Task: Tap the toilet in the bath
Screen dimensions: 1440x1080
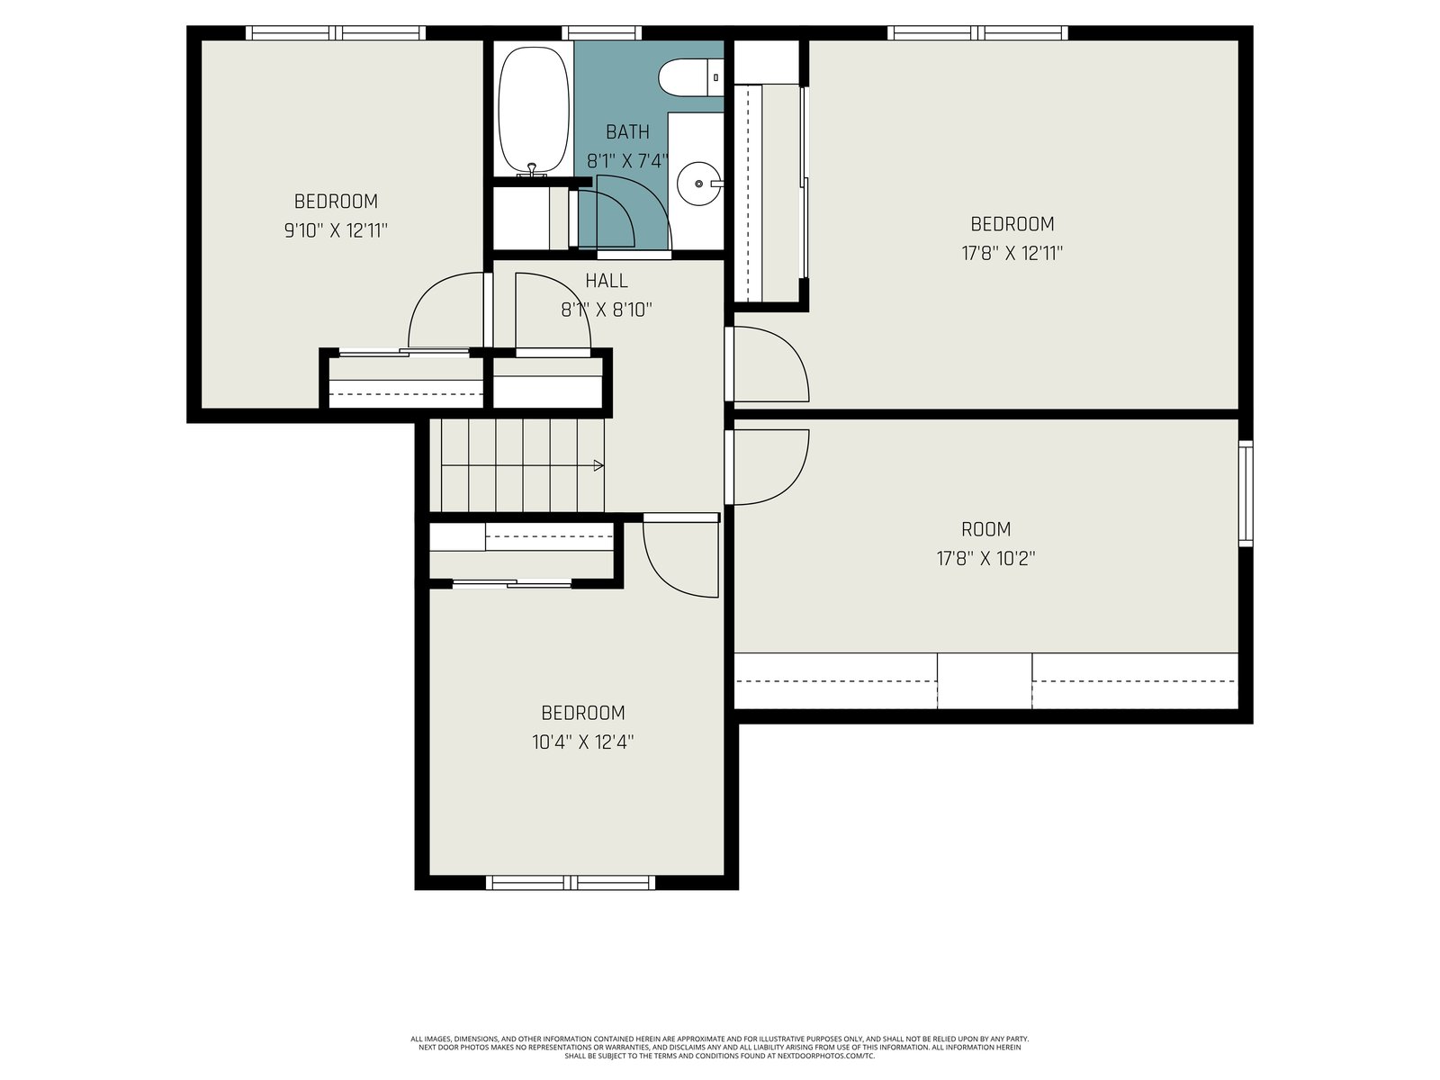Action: [x=690, y=77]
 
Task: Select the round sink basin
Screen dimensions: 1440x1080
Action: [x=699, y=184]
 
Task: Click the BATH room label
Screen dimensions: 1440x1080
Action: [x=627, y=132]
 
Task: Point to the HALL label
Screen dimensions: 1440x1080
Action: [x=607, y=281]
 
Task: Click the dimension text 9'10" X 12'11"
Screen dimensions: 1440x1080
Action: [x=335, y=230]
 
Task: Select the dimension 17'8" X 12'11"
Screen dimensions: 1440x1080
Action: [x=1012, y=254]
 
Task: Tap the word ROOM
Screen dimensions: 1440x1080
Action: [x=985, y=529]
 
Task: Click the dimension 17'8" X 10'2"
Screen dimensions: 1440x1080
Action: [x=985, y=559]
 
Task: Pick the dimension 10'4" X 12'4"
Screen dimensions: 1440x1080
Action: [x=582, y=742]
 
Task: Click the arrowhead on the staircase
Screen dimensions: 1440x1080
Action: [x=598, y=465]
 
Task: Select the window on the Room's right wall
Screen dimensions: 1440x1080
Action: [x=1246, y=494]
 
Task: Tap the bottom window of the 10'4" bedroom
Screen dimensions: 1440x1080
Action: [x=570, y=883]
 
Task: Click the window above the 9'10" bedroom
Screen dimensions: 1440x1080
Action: [x=335, y=32]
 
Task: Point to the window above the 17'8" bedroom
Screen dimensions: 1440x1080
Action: [x=977, y=32]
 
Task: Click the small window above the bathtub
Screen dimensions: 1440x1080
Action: [x=601, y=32]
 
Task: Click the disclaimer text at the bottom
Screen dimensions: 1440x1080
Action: [x=720, y=1048]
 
